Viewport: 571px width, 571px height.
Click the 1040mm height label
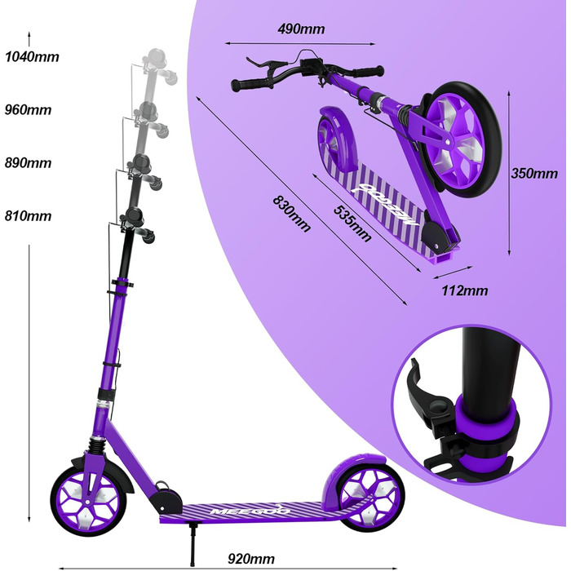tap(32, 57)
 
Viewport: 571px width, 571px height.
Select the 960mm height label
tap(28, 109)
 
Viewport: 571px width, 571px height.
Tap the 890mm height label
tap(28, 163)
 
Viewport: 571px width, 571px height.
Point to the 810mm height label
tap(28, 216)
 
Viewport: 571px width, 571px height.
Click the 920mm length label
tap(251, 558)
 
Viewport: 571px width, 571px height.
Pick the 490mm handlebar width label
tap(301, 29)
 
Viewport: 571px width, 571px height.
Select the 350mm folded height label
tap(534, 173)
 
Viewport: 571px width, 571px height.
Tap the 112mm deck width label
tap(465, 290)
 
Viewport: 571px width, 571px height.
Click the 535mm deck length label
tap(352, 224)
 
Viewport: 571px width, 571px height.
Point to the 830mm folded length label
tap(291, 214)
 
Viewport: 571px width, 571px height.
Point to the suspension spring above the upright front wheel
tap(98, 444)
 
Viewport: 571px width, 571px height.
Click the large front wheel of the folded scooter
tap(458, 140)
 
